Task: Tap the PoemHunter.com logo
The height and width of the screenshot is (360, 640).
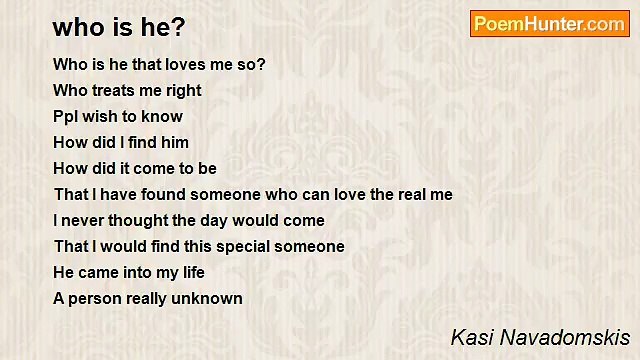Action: coord(549,24)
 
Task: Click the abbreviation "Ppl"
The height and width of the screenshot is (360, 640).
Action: coord(66,116)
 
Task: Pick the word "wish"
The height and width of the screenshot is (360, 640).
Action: coord(103,116)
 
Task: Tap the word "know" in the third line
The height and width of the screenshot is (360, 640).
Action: coord(163,116)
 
